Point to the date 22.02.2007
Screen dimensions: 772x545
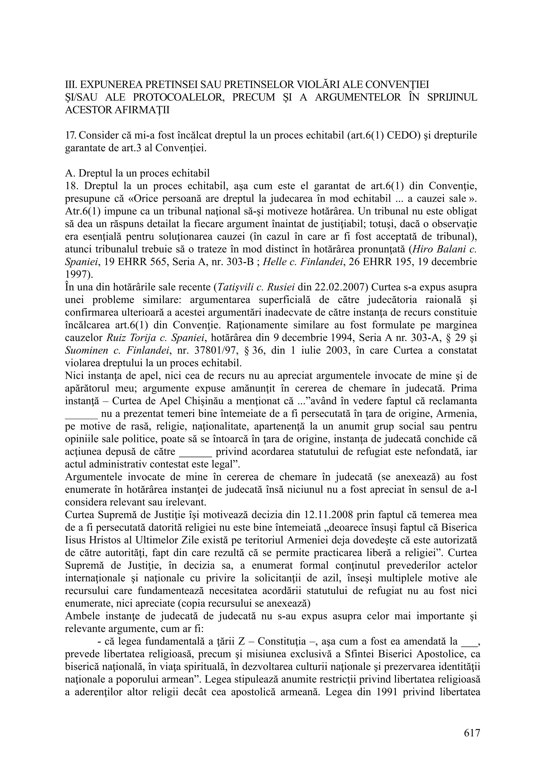pyautogui.click(x=340, y=287)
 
